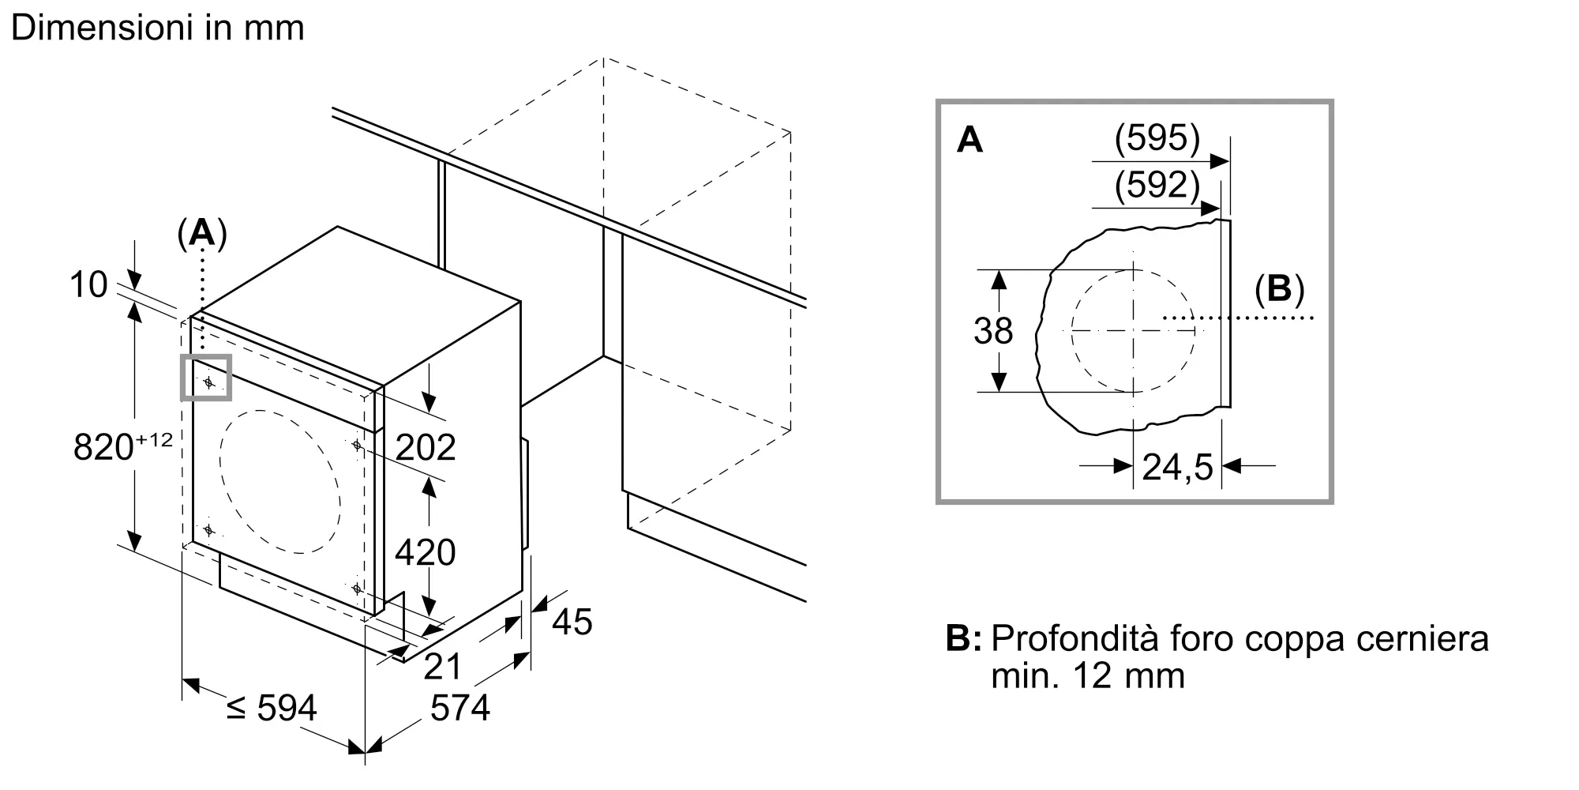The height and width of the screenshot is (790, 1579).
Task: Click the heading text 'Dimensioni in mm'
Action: [158, 28]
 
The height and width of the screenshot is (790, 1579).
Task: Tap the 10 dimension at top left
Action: [88, 284]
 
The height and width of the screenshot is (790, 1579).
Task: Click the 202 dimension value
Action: [426, 448]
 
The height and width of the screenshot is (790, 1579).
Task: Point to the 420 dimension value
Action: [426, 552]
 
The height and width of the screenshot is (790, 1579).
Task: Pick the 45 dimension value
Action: [572, 623]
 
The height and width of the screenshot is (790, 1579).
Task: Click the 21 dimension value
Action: [442, 667]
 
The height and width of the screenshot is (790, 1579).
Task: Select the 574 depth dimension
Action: [460, 708]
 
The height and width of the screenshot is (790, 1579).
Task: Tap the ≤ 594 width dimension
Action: [272, 708]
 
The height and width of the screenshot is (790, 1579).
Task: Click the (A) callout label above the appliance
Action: [202, 234]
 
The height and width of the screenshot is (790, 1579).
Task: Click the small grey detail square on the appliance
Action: [207, 378]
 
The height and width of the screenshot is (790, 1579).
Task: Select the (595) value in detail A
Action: [1157, 138]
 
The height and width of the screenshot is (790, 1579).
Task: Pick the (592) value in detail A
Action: [1157, 185]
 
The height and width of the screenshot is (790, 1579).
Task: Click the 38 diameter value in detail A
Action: [992, 331]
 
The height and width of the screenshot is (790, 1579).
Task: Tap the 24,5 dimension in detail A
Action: [1177, 468]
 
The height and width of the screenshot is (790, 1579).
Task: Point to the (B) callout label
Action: [1279, 289]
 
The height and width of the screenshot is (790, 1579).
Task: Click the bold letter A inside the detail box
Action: [970, 141]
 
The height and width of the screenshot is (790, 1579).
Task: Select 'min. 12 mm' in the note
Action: [1088, 676]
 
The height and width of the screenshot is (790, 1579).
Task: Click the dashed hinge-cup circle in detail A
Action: [1133, 331]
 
